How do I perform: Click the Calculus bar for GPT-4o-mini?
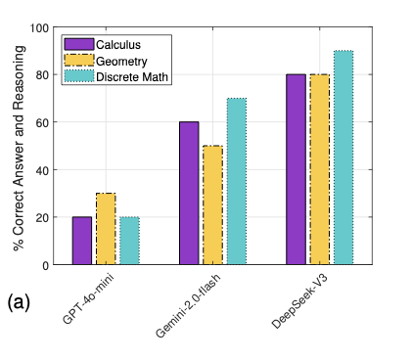point(82,241)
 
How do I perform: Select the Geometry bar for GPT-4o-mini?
point(106,229)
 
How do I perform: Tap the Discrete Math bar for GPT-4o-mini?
point(129,241)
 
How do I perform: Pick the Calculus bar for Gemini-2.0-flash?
point(189,194)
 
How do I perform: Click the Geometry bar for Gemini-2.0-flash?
point(212,205)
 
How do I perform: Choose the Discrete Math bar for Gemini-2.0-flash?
point(236,182)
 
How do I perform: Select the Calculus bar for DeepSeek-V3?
point(296,169)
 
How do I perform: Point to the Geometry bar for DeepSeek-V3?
point(319,169)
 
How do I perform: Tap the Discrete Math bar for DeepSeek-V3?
point(342,157)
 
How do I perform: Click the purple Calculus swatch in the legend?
point(78,44)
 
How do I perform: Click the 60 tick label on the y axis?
point(42,122)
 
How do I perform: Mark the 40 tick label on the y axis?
point(42,170)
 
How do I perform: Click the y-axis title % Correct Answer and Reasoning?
point(18,147)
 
